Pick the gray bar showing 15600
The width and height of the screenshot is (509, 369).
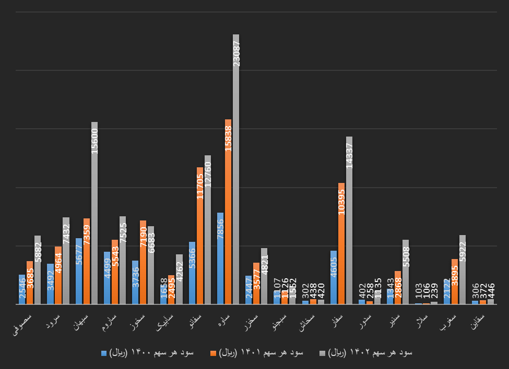pos(94,214)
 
